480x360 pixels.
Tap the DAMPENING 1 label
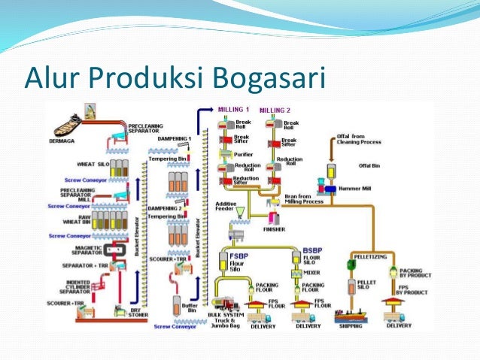pyautogui.click(x=174, y=139)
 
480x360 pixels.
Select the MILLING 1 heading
pyautogui.click(x=233, y=110)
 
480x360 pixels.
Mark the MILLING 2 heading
pyautogui.click(x=275, y=110)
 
